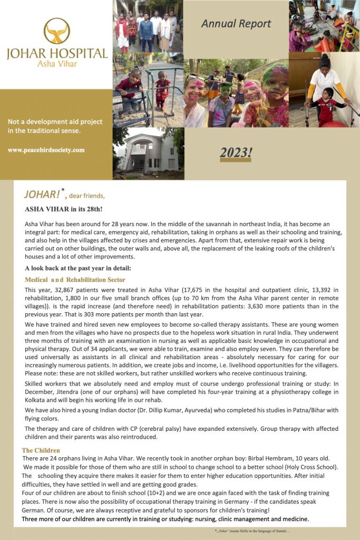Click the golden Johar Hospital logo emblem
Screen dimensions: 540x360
point(56,31)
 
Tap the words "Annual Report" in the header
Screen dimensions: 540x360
point(236,24)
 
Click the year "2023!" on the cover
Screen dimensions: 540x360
point(236,152)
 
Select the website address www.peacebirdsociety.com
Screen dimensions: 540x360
point(46,150)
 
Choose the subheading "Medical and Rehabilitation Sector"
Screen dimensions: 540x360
point(75,279)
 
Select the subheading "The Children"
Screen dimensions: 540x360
point(41,450)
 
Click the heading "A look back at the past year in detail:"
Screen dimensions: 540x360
point(78,268)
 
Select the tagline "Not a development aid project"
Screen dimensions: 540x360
point(55,122)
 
